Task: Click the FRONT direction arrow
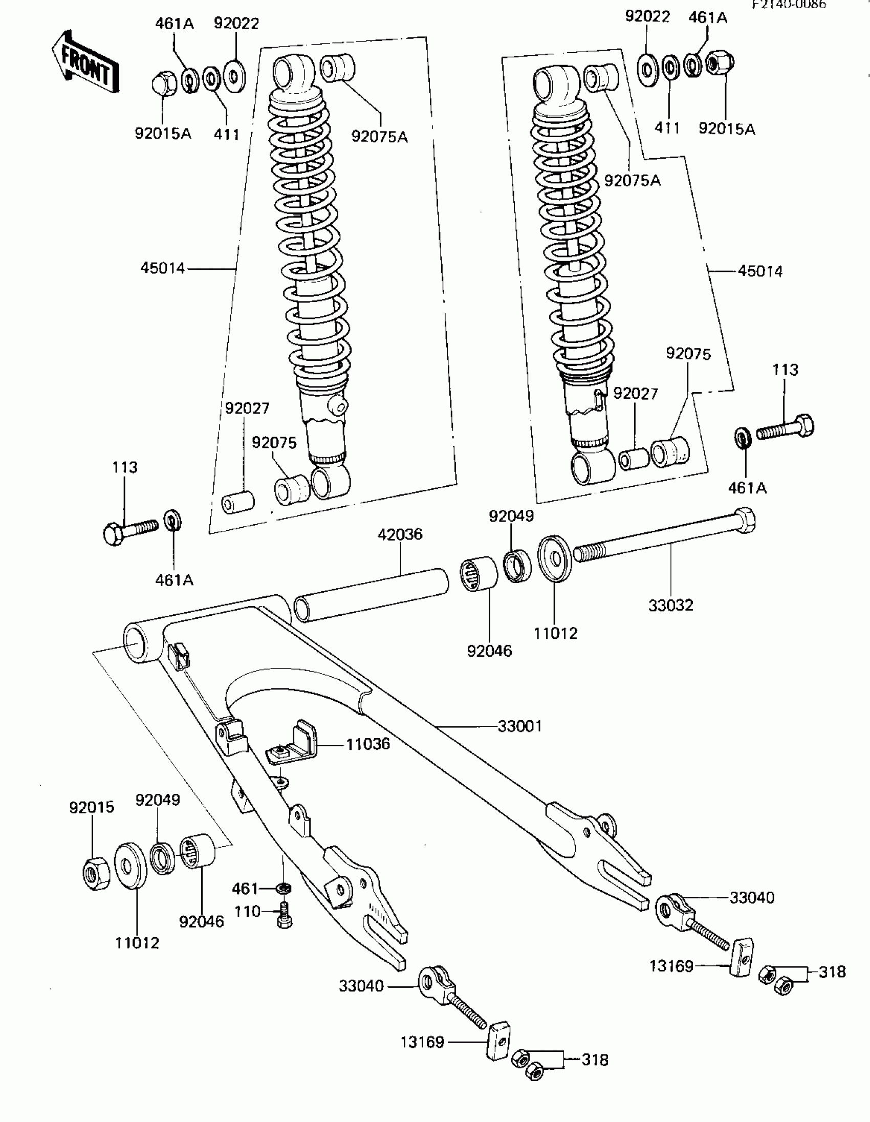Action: pyautogui.click(x=85, y=62)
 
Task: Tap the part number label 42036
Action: pyautogui.click(x=400, y=534)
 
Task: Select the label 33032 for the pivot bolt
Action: pyautogui.click(x=670, y=605)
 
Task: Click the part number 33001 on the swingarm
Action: pyautogui.click(x=520, y=726)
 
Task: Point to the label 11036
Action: pyautogui.click(x=368, y=744)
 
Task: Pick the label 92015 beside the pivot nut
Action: pyautogui.click(x=92, y=808)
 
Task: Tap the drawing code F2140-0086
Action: pyautogui.click(x=789, y=5)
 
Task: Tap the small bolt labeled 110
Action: pyautogui.click(x=284, y=916)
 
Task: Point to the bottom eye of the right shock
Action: pyautogui.click(x=592, y=468)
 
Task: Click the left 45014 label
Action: pyautogui.click(x=162, y=268)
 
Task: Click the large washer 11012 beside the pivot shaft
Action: pyautogui.click(x=554, y=559)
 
